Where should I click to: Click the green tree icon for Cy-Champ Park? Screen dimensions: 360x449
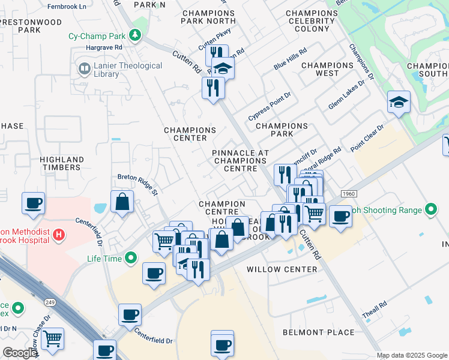(137, 35)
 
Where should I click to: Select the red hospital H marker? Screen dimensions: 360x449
(59, 234)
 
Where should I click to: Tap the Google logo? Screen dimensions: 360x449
(20, 353)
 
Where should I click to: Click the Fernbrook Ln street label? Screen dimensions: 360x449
(66, 5)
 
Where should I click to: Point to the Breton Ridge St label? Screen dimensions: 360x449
(137, 184)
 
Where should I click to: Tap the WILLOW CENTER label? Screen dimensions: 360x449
(282, 269)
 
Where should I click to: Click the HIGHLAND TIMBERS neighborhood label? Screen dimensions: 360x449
(60, 163)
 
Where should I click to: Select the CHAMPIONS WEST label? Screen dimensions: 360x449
(327, 69)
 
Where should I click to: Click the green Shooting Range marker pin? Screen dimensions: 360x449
(430, 210)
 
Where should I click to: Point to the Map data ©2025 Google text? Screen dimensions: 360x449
(412, 355)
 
